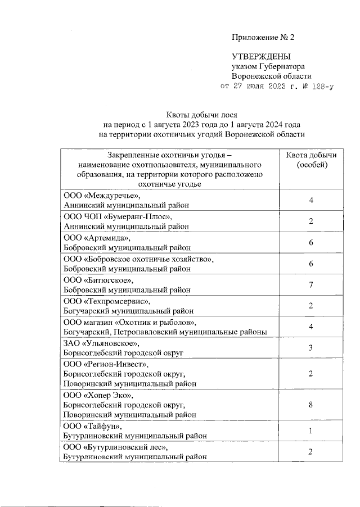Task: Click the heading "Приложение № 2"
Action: click(263, 38)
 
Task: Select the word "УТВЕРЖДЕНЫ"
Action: click(262, 57)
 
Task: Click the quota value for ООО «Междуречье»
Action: click(310, 200)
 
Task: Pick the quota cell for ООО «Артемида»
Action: click(310, 242)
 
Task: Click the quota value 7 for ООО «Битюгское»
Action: click(310, 285)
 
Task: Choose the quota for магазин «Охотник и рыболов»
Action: click(310, 327)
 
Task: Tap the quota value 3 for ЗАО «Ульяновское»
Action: click(310, 348)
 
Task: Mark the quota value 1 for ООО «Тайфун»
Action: click(310, 431)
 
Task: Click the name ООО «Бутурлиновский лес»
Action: click(115, 447)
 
